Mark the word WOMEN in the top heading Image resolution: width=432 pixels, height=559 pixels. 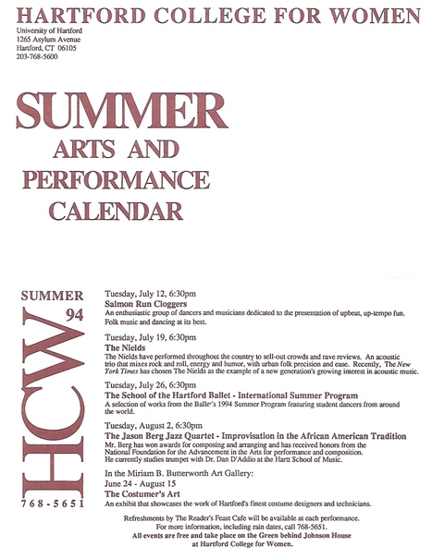(x=372, y=13)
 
